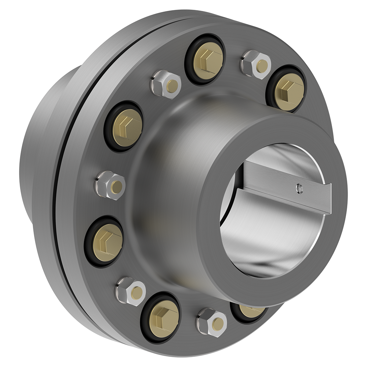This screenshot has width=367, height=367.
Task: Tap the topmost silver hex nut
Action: [256, 65]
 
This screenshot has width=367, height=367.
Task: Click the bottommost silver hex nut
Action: [212, 322]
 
